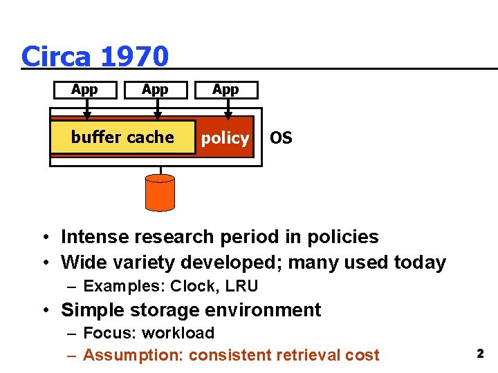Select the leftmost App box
(x=85, y=90)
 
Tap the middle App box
(x=155, y=90)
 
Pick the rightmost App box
(x=225, y=90)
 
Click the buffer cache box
(x=122, y=137)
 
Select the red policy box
(x=225, y=138)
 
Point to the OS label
(x=281, y=138)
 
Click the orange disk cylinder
(x=160, y=192)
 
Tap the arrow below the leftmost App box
(x=87, y=109)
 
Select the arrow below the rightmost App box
(x=228, y=109)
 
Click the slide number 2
(x=479, y=354)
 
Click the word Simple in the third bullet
(x=94, y=310)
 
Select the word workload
(x=178, y=333)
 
